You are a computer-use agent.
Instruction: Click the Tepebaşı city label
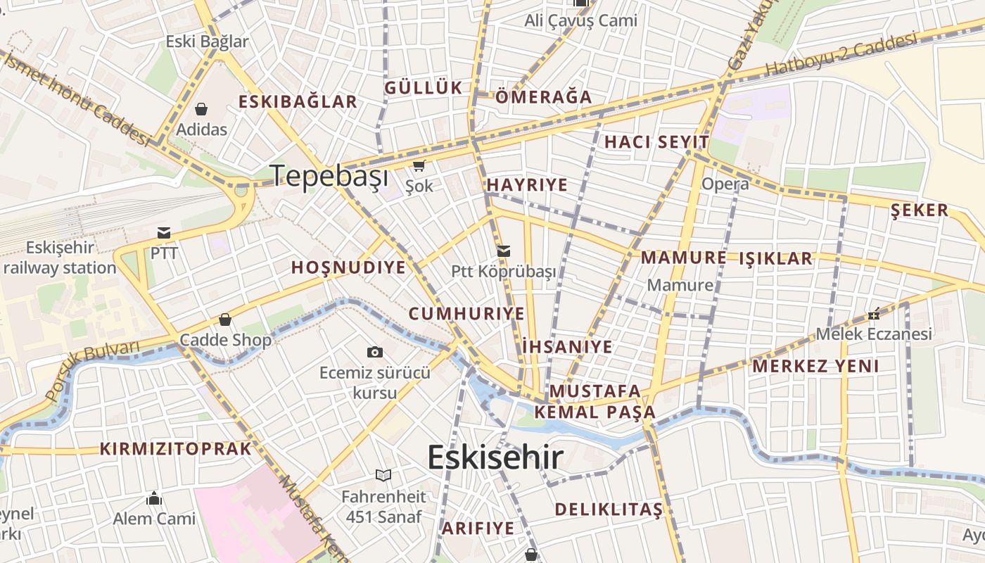pos(330,175)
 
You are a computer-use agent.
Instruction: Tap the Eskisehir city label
pos(495,457)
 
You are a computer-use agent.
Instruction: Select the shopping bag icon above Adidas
pos(201,109)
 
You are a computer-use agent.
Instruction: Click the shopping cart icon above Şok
pos(419,166)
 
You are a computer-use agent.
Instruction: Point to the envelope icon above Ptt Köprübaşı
pos(504,251)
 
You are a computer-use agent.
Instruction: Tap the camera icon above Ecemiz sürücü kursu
pos(375,352)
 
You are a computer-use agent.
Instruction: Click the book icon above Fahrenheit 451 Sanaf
pos(383,476)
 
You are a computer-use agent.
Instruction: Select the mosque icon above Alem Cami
pos(154,499)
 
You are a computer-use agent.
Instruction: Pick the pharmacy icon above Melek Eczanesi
pos(874,314)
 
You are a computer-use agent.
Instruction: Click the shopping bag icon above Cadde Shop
pos(225,320)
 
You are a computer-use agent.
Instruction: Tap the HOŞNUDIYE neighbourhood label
pos(349,267)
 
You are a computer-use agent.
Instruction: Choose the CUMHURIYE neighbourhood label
pos(466,314)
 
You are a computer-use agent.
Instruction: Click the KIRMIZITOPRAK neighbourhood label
pos(175,449)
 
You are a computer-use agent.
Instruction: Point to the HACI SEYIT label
pos(656,142)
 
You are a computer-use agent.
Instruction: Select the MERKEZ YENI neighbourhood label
pos(815,366)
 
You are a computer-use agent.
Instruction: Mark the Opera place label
pos(725,184)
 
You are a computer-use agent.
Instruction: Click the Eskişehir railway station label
pos(60,258)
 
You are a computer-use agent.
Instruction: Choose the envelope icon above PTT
pos(164,233)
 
